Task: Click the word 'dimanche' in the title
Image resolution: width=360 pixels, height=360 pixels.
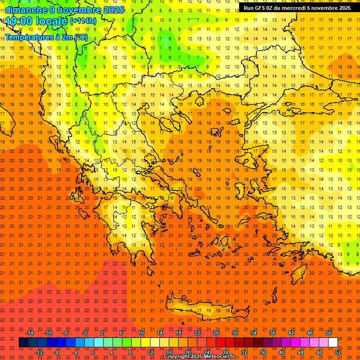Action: [x=26, y=10]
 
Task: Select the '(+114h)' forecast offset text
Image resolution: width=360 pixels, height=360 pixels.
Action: [x=83, y=21]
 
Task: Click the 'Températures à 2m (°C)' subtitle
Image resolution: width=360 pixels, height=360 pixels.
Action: [x=46, y=37]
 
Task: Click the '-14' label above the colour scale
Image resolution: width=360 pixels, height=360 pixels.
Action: [x=30, y=333]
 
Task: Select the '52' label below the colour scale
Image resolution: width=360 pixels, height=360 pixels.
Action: [x=338, y=352]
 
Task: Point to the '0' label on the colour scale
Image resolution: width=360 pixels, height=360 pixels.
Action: [x=93, y=352]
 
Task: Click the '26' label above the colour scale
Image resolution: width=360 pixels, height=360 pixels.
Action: [x=216, y=333]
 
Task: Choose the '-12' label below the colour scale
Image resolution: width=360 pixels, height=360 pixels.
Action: [x=39, y=352]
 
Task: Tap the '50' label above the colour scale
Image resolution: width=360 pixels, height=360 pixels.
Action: [x=329, y=333]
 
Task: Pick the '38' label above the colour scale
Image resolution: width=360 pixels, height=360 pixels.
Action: [x=272, y=333]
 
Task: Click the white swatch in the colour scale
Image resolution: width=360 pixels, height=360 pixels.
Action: [x=333, y=343]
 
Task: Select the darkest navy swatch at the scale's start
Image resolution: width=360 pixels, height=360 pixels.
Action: [x=23, y=343]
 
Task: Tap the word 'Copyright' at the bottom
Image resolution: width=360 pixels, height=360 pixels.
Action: [x=177, y=357]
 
